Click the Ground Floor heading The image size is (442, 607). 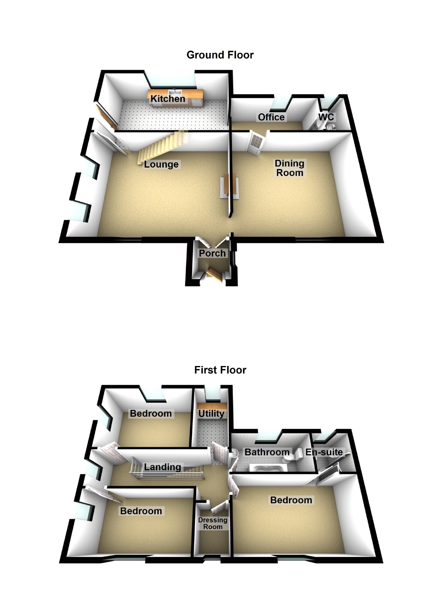click(220, 55)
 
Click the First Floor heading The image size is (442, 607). click(220, 370)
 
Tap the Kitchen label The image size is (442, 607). click(168, 99)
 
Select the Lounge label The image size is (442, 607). click(161, 164)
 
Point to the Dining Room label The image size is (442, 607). click(290, 168)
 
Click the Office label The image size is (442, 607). click(271, 117)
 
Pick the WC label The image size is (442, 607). click(326, 117)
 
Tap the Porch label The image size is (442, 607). click(212, 253)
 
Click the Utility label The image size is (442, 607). click(211, 413)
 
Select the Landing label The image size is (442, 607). click(162, 467)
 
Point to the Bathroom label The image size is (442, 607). click(267, 452)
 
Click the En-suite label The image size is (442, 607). click(324, 452)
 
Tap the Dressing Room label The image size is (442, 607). click(213, 523)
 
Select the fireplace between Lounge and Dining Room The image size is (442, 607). click(230, 186)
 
